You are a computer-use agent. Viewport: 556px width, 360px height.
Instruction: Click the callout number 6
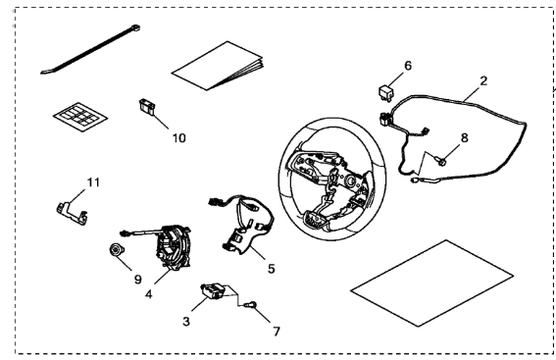(408, 66)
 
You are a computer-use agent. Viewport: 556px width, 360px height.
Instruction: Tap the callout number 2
(483, 80)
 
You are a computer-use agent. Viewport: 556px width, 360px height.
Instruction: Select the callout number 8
(465, 137)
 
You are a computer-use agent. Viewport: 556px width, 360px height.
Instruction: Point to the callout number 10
(179, 138)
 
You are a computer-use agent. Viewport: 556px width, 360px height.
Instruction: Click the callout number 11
(93, 182)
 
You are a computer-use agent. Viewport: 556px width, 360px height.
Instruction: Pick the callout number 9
(138, 280)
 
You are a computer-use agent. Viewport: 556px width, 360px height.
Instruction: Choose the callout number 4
(149, 294)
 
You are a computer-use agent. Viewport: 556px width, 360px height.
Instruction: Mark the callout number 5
(272, 269)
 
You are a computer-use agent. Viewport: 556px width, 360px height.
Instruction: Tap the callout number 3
(186, 322)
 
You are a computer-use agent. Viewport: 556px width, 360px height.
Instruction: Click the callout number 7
(277, 332)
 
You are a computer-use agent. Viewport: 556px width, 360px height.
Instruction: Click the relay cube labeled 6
(385, 92)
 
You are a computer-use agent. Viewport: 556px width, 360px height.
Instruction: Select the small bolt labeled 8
(440, 161)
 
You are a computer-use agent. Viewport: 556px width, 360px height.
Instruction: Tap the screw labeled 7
(251, 305)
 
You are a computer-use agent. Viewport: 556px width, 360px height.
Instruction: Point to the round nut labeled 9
(116, 250)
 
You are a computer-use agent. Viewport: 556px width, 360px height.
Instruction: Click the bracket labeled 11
(72, 213)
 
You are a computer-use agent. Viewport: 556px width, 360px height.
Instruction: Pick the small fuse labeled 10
(146, 106)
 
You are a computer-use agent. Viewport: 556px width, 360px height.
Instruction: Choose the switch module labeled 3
(213, 290)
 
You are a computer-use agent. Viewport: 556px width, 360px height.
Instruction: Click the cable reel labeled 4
(174, 246)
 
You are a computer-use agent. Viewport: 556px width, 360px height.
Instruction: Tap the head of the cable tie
(135, 27)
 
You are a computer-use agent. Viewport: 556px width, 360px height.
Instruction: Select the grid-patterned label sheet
(80, 117)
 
